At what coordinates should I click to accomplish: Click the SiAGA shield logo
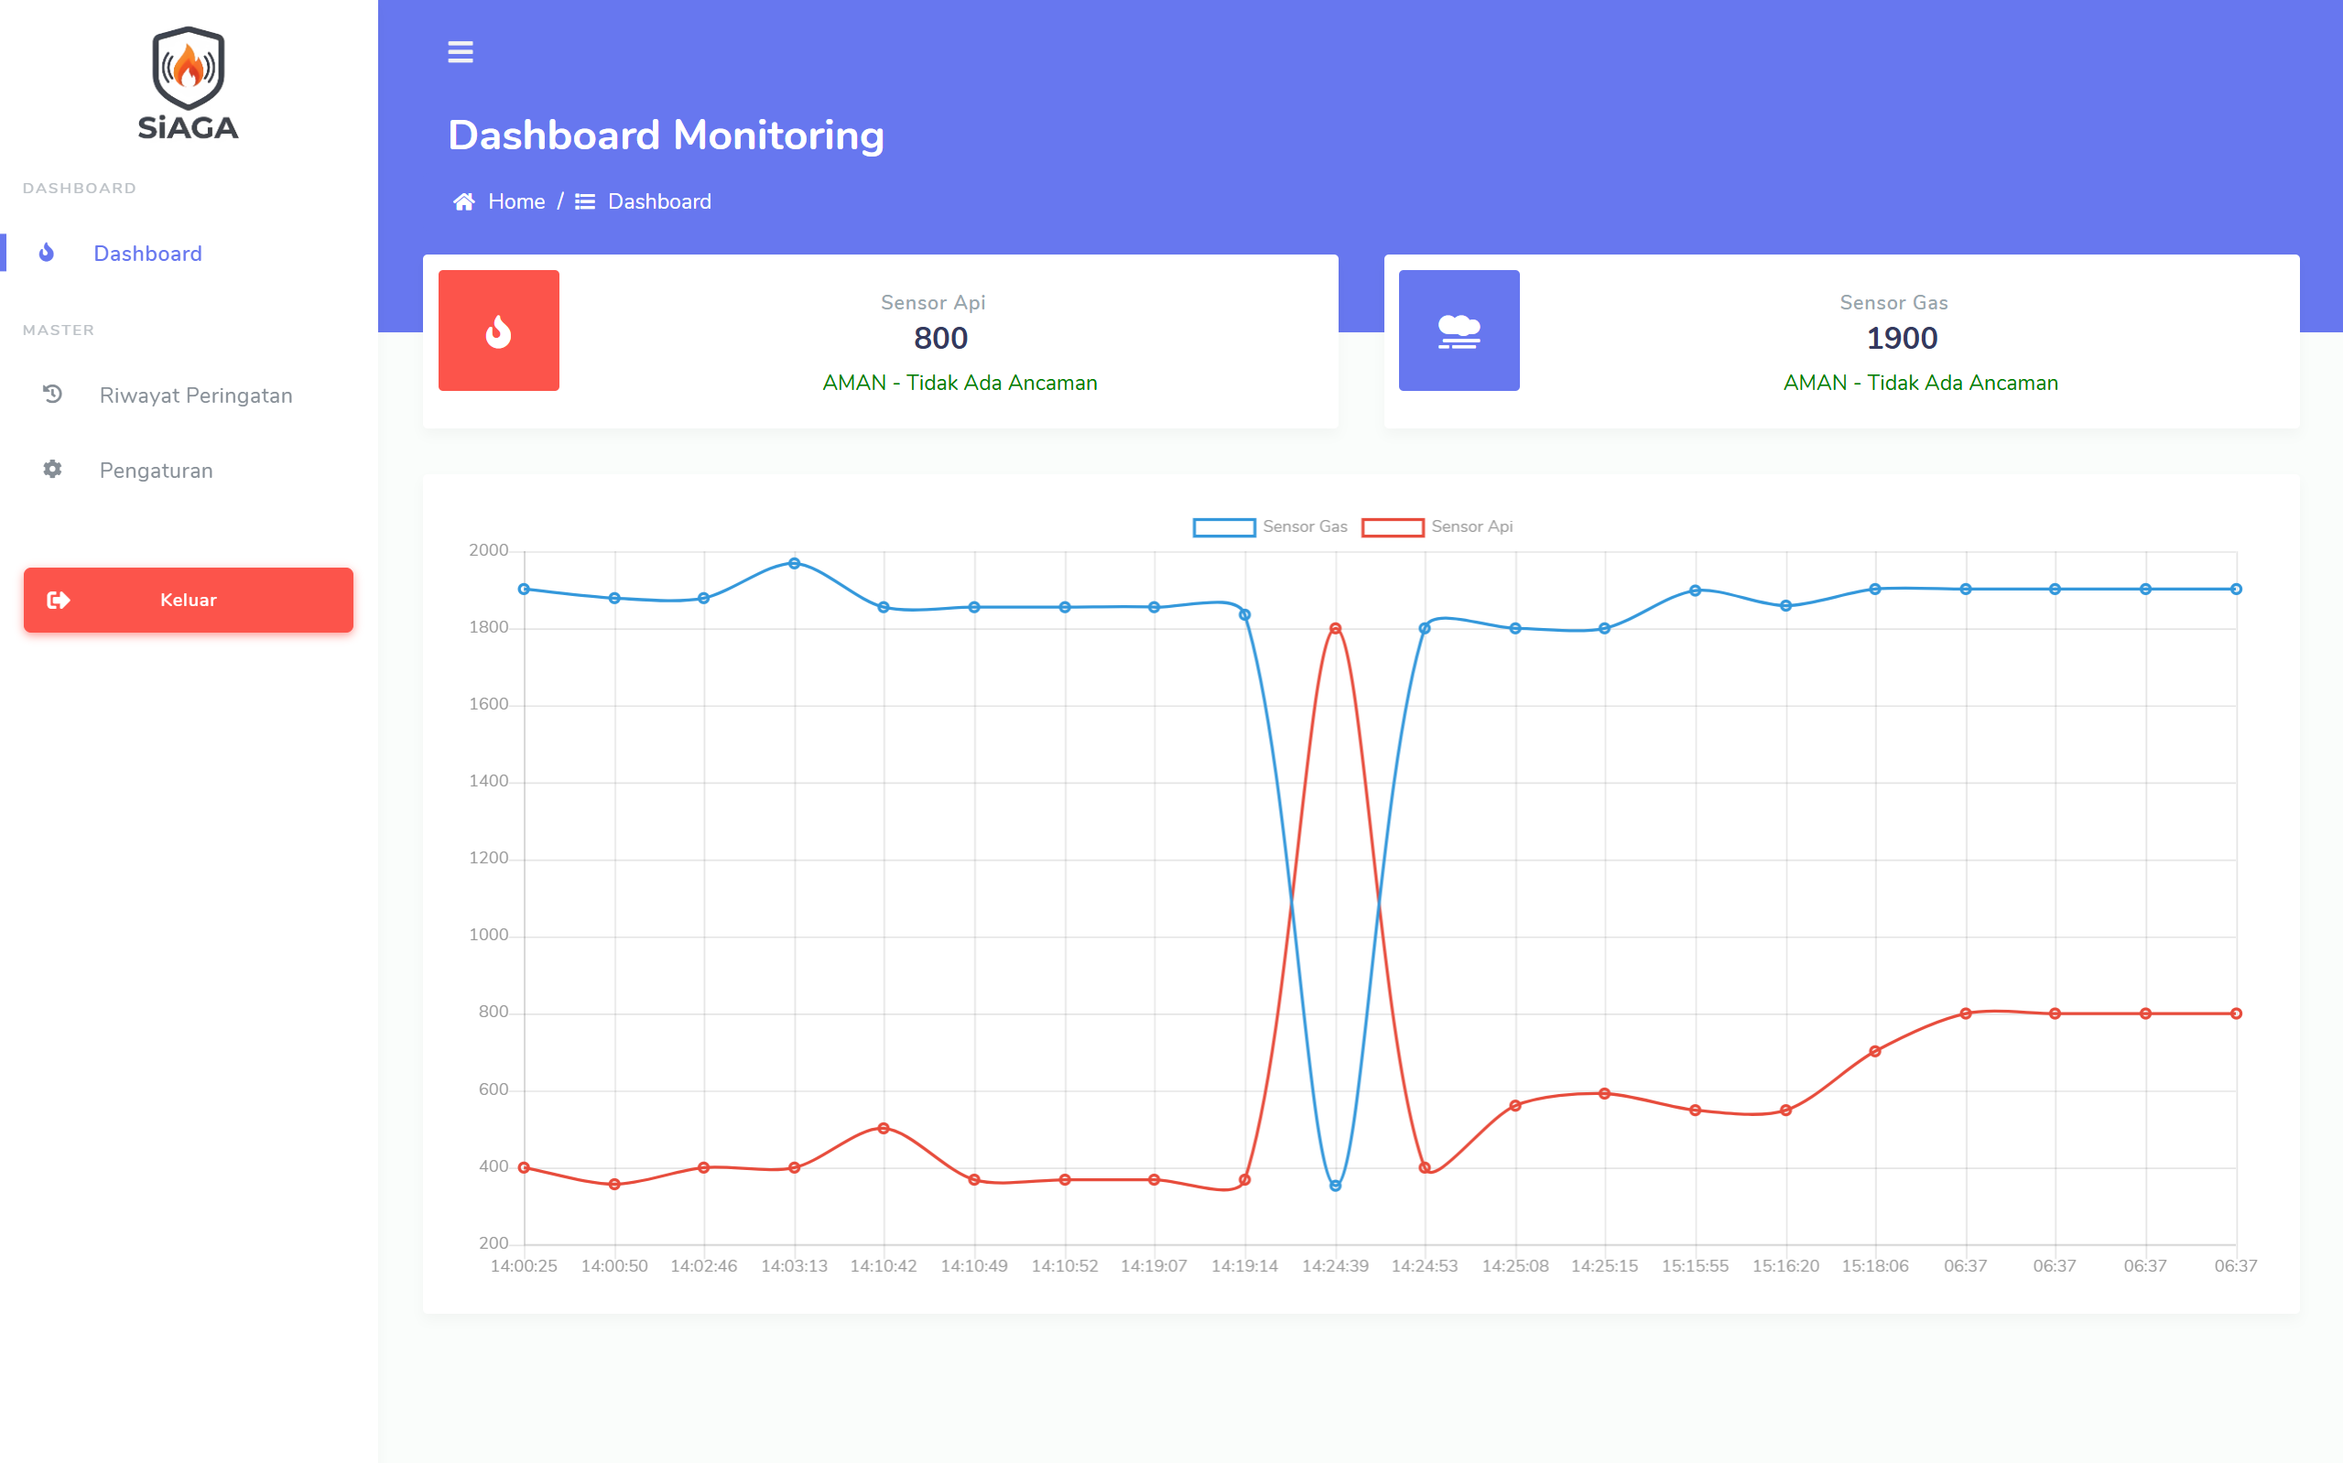click(188, 83)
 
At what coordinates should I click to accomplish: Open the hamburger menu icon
click(461, 52)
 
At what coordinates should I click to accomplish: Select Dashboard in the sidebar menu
click(147, 254)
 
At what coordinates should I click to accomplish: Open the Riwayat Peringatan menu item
click(195, 396)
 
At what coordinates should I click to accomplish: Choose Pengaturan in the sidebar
click(156, 471)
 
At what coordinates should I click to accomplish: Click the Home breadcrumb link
click(515, 201)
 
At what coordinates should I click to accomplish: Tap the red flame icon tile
click(498, 331)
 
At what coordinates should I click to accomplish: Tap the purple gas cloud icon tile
click(1459, 331)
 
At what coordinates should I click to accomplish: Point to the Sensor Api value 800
click(940, 339)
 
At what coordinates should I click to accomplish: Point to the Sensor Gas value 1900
click(1902, 339)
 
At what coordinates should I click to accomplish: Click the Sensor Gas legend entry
click(1270, 526)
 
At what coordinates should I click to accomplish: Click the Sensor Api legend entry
click(1437, 526)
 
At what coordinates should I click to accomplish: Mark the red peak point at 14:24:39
click(1335, 629)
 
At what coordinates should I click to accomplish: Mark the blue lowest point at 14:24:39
click(1335, 1186)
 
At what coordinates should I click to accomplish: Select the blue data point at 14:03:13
click(794, 563)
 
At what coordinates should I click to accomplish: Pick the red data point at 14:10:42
click(884, 1128)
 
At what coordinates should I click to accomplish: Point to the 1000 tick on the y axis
click(489, 935)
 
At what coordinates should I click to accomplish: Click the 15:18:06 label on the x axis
click(1875, 1265)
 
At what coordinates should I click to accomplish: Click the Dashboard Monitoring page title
click(666, 135)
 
